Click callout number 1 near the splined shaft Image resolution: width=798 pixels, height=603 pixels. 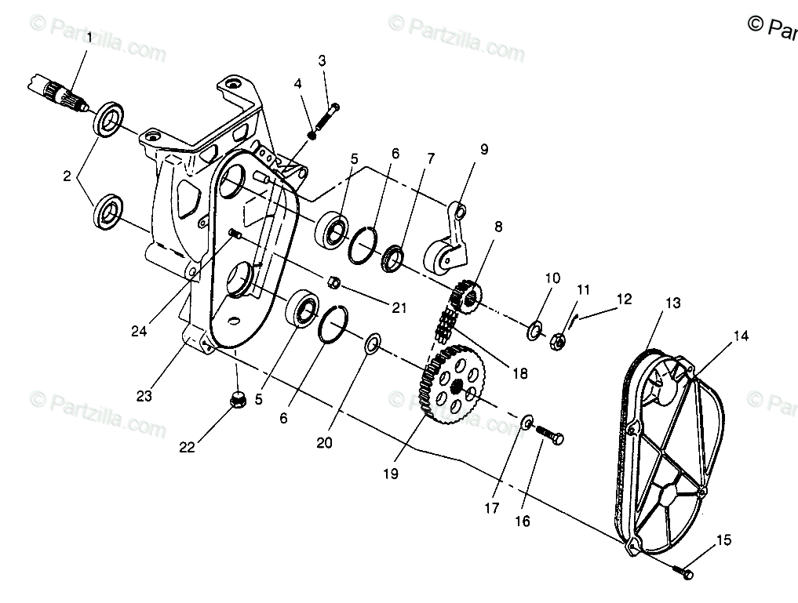89,37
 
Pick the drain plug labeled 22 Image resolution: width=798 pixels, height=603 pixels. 236,401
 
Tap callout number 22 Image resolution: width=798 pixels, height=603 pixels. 186,447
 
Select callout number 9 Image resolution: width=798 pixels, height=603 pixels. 483,149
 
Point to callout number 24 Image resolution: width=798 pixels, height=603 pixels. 140,332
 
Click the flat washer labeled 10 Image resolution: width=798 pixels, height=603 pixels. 534,329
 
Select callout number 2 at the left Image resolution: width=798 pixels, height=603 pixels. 67,176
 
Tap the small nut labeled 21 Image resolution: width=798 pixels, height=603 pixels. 333,281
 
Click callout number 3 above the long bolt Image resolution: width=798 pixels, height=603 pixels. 322,60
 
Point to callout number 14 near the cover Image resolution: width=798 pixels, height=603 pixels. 741,336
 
